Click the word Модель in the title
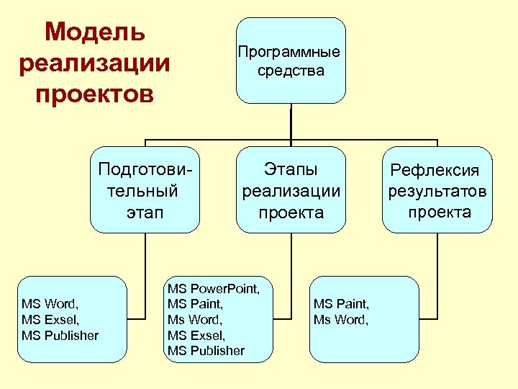95,32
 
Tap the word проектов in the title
95,94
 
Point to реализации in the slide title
95,63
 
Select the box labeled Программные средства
291,61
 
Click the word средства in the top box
291,71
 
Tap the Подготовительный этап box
145,190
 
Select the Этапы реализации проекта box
291,190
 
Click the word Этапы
291,169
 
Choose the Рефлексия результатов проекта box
437,190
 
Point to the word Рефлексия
435,170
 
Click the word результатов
437,191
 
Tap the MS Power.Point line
214,289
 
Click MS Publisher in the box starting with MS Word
60,335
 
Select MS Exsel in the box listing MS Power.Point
195,335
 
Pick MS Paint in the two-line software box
341,304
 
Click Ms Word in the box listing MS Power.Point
195,320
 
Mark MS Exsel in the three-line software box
50,319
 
